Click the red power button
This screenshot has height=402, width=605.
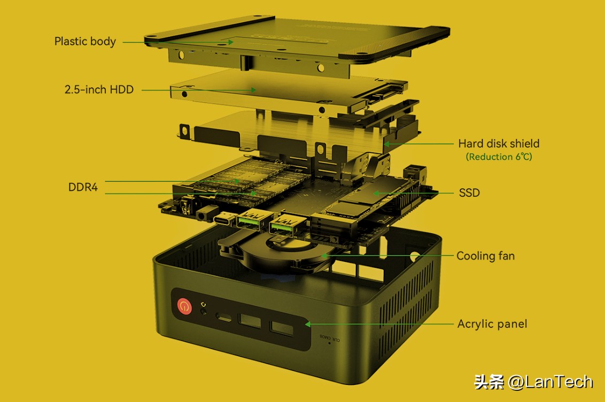click(x=184, y=307)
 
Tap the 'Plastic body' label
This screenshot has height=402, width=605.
click(x=85, y=41)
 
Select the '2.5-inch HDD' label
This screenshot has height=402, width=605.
click(x=99, y=89)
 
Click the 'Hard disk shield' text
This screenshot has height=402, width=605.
click(x=499, y=143)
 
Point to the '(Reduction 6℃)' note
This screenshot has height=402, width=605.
click(x=499, y=157)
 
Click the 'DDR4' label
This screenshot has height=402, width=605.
click(x=83, y=187)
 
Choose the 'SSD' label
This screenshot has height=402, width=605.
click(x=469, y=192)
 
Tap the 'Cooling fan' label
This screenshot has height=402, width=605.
click(x=485, y=256)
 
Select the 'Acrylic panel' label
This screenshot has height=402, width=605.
click(x=492, y=323)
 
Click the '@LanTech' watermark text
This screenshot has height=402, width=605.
click(x=550, y=382)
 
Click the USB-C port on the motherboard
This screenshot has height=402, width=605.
click(x=223, y=220)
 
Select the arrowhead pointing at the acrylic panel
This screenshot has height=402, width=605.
click(x=308, y=324)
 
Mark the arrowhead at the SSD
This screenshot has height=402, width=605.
click(x=375, y=193)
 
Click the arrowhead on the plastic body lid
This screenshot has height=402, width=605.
click(x=230, y=42)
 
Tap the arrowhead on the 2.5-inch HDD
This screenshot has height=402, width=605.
click(x=253, y=90)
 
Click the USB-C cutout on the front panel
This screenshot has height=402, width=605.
click(x=224, y=317)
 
